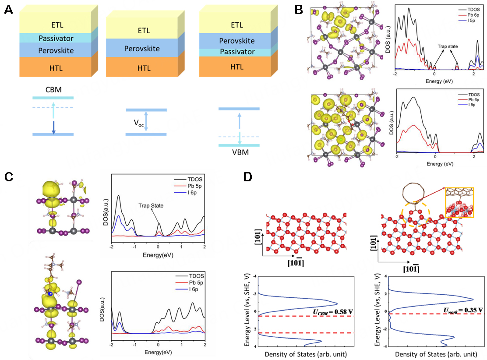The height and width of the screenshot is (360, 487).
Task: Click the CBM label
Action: click(53, 91)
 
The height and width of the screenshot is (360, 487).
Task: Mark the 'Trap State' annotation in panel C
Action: click(152, 205)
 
